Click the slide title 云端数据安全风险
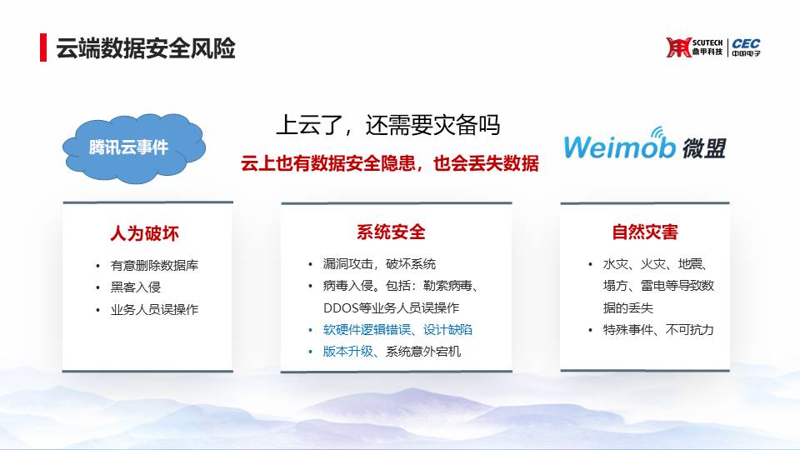tap(145, 48)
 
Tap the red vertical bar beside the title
tap(43, 47)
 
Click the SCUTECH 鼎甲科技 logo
tap(694, 47)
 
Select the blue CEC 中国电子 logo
tap(746, 47)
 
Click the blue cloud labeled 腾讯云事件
tap(133, 147)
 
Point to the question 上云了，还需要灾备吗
tap(387, 125)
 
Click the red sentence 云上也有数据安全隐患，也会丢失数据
tap(390, 163)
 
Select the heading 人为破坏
tap(145, 233)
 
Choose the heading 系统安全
tap(391, 232)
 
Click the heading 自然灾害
tap(645, 232)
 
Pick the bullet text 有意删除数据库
tap(154, 265)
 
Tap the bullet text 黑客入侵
tap(136, 287)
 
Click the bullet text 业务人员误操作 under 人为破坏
tap(154, 309)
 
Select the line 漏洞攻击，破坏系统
tap(379, 264)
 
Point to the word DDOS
tap(340, 307)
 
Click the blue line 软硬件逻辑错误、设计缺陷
tap(397, 330)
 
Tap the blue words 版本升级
tap(348, 352)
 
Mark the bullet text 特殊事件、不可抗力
tap(658, 330)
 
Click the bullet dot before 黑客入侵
tap(98, 287)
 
